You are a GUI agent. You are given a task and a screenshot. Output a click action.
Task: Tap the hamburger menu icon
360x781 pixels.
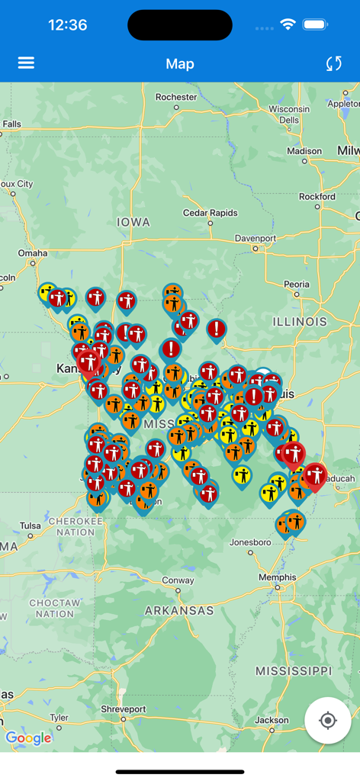26,63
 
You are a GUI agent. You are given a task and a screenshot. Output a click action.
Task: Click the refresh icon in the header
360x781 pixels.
333,63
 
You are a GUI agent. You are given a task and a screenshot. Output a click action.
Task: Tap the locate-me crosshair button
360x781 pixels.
328,720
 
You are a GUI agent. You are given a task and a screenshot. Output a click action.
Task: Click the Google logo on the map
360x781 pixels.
28,738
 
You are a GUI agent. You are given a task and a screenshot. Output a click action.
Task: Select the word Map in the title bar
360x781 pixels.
180,64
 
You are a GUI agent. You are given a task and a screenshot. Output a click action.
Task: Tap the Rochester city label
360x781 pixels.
175,97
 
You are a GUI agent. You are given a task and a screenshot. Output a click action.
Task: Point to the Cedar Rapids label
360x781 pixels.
210,213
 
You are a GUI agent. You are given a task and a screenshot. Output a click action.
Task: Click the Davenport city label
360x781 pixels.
255,238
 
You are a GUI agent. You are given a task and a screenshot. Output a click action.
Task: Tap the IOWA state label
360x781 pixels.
133,222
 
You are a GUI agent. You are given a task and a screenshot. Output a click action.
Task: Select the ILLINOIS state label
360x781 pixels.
300,322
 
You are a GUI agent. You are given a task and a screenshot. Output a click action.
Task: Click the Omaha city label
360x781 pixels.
33,252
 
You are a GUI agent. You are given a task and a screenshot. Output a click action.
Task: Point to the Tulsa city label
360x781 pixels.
31,525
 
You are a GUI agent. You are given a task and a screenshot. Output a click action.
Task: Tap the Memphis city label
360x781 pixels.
277,577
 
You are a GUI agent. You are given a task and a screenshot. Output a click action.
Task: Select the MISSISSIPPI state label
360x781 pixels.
294,671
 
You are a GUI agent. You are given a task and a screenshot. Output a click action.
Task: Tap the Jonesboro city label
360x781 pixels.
250,542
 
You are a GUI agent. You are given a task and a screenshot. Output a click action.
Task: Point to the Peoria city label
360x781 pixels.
297,284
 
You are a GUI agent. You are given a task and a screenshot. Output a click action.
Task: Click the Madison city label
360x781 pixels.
304,151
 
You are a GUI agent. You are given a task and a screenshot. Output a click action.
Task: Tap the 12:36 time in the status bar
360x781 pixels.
67,25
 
